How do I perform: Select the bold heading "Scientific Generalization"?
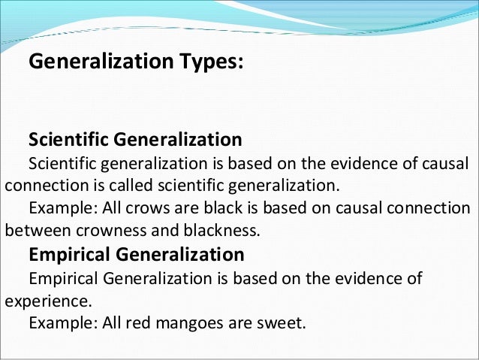[x=134, y=140]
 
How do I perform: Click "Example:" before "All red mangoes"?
[x=59, y=324]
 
